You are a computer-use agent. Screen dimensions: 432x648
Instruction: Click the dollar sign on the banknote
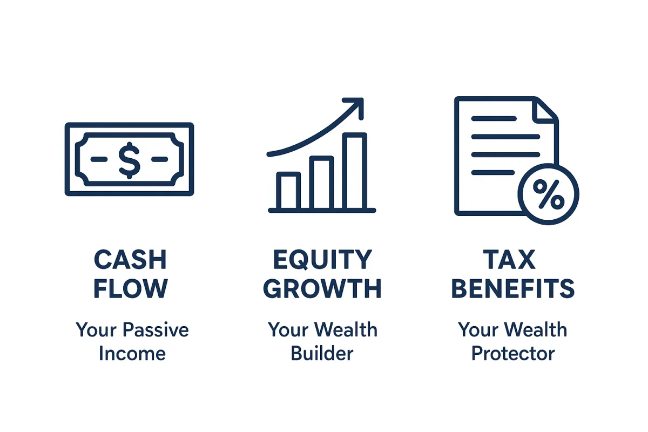point(129,159)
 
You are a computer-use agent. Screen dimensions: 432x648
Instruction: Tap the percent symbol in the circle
point(548,194)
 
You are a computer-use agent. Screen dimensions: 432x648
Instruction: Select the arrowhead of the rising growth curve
point(356,106)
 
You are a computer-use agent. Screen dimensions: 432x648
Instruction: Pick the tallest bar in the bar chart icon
point(355,171)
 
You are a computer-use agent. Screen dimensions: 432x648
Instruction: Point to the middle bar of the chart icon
point(321,183)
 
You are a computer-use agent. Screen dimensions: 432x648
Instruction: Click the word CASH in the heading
point(130,260)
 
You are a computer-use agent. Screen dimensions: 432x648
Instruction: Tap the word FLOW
point(130,289)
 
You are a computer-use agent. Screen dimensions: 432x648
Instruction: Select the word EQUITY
point(322,260)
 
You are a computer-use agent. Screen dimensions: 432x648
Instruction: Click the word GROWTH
point(322,289)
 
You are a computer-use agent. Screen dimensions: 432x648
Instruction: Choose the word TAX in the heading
point(512,260)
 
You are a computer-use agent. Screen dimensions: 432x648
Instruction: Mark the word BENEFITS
point(512,289)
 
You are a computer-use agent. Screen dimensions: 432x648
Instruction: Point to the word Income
point(132,354)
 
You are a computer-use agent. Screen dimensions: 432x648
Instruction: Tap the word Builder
point(322,354)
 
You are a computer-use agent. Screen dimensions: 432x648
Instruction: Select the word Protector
point(512,354)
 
